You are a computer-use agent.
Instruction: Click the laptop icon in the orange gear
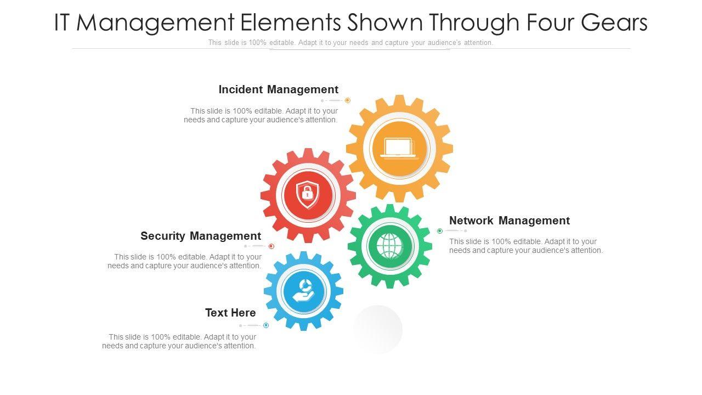(x=399, y=149)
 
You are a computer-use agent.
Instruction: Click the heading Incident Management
(x=278, y=89)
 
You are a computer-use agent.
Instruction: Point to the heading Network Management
(x=509, y=221)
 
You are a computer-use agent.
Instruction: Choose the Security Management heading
(x=201, y=236)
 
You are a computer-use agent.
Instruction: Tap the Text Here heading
(x=230, y=313)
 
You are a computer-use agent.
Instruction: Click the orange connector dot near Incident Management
(x=347, y=100)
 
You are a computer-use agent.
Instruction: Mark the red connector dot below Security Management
(x=271, y=246)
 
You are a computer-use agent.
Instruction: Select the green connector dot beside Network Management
(x=440, y=231)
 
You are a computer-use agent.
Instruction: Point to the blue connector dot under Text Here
(x=266, y=325)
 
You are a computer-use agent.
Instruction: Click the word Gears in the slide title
(x=614, y=23)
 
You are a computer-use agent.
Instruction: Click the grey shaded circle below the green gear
(x=377, y=329)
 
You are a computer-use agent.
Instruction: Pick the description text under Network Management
(x=525, y=246)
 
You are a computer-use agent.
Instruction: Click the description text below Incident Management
(x=261, y=115)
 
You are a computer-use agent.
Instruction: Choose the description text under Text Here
(x=179, y=341)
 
